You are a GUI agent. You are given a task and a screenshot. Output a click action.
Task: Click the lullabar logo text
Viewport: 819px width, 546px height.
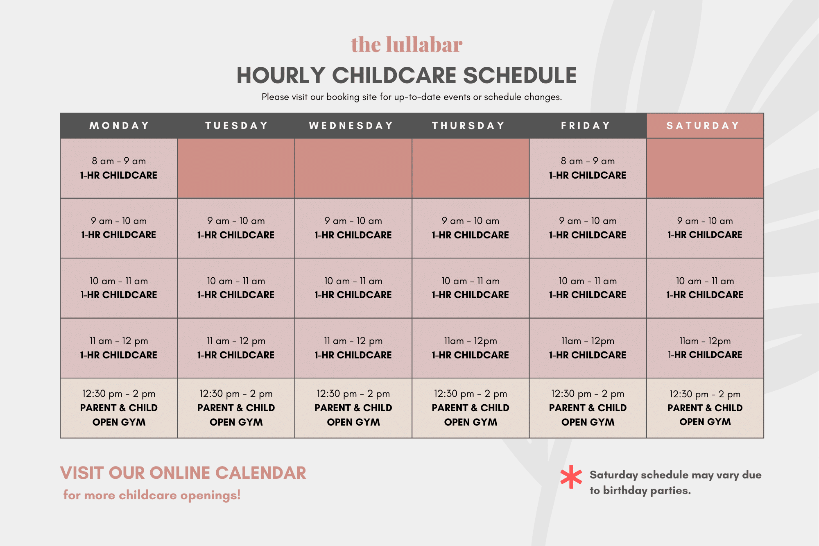click(407, 45)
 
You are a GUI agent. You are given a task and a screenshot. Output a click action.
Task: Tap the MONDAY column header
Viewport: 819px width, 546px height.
click(119, 126)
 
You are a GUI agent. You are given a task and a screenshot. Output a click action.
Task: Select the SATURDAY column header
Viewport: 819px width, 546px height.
click(705, 126)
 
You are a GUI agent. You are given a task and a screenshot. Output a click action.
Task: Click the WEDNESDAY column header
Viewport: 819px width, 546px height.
click(353, 126)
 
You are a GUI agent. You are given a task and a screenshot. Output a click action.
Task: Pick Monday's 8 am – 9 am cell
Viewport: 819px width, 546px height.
click(119, 168)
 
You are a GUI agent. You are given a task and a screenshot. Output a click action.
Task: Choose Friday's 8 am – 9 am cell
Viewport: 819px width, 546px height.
click(588, 168)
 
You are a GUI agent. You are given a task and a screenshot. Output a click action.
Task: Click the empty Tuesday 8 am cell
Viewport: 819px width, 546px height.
click(236, 168)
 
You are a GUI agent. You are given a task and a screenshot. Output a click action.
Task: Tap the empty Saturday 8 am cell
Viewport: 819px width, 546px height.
click(705, 168)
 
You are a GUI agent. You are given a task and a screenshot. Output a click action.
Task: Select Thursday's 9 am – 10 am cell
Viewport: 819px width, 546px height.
click(471, 228)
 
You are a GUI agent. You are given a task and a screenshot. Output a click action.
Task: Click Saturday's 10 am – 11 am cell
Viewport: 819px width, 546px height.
click(705, 288)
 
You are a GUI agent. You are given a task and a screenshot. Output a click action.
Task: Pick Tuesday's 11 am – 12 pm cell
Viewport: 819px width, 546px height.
click(236, 348)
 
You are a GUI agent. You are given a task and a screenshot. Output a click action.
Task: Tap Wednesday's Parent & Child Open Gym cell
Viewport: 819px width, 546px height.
click(353, 408)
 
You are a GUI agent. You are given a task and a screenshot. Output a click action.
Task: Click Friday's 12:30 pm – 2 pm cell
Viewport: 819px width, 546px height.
click(588, 408)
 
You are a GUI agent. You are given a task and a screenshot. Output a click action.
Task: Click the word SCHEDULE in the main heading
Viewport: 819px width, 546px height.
click(520, 75)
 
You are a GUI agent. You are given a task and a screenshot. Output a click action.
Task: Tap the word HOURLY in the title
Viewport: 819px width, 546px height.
click(281, 75)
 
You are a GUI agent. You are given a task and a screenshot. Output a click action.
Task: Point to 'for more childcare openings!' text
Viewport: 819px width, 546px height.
click(152, 495)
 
